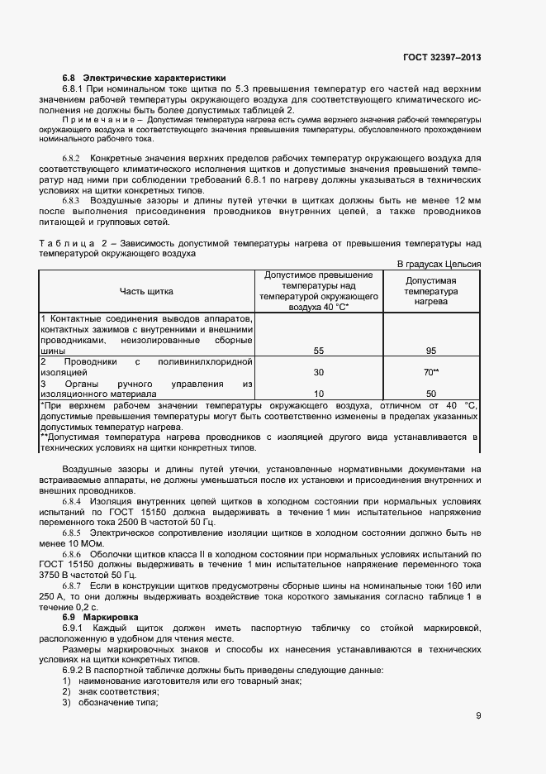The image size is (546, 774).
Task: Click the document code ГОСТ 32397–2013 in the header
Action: pos(441,57)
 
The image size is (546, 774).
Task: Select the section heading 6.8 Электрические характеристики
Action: pos(144,78)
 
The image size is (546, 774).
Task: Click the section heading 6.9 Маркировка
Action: pos(100,617)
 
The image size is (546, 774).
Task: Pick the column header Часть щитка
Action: pos(146,290)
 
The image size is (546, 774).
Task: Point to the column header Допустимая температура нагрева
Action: pos(431,291)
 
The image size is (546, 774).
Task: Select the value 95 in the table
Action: pos(431,351)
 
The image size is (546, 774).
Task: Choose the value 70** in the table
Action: pos(431,372)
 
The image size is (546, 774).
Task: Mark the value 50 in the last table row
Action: pos(431,394)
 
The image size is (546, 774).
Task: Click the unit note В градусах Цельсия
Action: pos(439,263)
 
